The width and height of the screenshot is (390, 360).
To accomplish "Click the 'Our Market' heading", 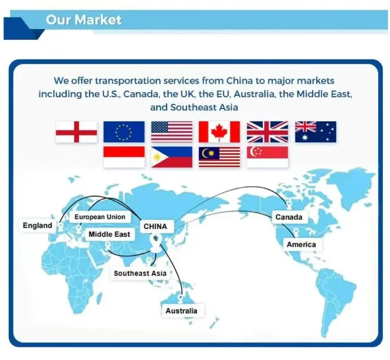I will click(x=84, y=20).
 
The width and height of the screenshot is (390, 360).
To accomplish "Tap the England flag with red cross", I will click(x=76, y=131).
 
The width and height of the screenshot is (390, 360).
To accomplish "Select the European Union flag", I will click(x=124, y=131).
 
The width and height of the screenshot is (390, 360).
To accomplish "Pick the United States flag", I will click(x=172, y=131).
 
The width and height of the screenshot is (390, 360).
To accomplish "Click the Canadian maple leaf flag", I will click(x=219, y=131).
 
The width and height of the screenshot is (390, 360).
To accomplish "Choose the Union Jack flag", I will click(x=267, y=131).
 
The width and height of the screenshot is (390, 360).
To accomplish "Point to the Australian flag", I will click(x=316, y=131).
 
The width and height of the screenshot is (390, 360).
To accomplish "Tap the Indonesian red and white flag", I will click(x=124, y=157).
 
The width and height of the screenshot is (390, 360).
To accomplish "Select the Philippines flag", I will click(x=172, y=157).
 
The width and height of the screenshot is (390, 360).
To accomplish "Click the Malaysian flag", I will click(x=219, y=157).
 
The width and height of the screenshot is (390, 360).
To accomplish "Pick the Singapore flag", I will click(x=267, y=157).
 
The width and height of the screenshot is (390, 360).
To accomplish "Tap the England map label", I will click(x=37, y=225).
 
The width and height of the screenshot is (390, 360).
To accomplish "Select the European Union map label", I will click(x=100, y=217).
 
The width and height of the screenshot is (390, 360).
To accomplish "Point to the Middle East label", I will click(x=109, y=235).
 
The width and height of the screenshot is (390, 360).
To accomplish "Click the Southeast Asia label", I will click(x=140, y=273).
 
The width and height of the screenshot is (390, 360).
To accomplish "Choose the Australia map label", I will click(x=181, y=311).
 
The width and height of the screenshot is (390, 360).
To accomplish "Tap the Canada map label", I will click(x=289, y=217).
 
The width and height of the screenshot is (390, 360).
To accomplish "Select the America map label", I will click(x=301, y=244).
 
